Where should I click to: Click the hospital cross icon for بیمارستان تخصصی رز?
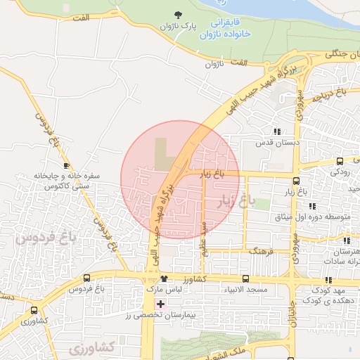pos(161,304)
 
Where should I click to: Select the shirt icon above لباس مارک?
pos(164,279)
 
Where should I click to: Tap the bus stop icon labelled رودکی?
pos(340,161)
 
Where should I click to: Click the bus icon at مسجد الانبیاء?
pos(245,279)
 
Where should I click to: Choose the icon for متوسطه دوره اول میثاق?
pos(311,205)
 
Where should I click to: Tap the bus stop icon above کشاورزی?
pos(34,310)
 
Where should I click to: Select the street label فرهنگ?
pos(258,250)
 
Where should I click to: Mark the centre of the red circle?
pos(180,179)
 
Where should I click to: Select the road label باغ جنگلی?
pos(339,52)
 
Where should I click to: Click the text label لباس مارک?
pos(164,290)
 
